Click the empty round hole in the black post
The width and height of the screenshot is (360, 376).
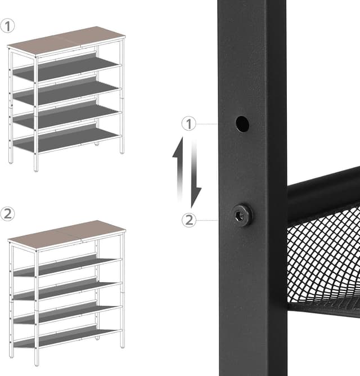[242, 123]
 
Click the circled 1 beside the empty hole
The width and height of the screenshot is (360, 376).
[189, 123]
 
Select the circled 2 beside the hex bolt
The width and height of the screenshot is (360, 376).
[189, 220]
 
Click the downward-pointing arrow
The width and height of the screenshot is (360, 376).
[195, 174]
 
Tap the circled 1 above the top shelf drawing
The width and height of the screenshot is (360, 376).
[7, 26]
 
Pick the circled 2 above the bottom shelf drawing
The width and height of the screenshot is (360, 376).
[7, 214]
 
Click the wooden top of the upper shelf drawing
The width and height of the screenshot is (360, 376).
[66, 41]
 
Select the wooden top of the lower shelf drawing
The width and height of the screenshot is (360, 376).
[66, 235]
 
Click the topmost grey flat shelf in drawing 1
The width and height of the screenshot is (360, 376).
[66, 68]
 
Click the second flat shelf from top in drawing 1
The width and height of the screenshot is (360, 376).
[66, 92]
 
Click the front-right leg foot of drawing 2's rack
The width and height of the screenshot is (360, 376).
[123, 345]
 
